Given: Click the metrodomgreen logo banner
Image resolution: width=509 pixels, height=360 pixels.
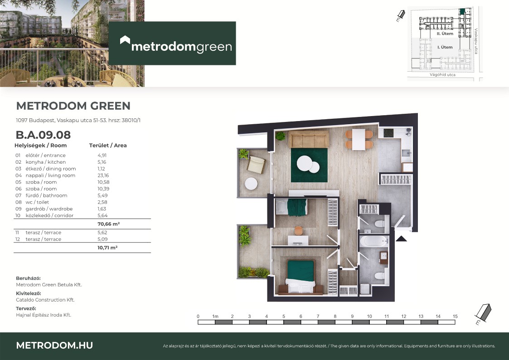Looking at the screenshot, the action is coord(172,43).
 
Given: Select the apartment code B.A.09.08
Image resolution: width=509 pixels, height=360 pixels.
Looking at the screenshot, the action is coord(43,135).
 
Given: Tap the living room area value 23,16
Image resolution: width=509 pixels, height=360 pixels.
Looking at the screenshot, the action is coord(103,175).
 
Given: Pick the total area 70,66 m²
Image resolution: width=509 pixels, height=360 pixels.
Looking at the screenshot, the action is coord(109,224).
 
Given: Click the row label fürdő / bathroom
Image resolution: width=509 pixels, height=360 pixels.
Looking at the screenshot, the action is coord(46,195).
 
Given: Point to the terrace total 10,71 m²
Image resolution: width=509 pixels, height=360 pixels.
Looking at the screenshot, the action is coord(107,248).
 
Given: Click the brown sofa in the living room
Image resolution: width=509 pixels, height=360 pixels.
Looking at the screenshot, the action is coord(308,139).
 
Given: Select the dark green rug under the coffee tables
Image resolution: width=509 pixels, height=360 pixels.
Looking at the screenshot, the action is coord(309,165).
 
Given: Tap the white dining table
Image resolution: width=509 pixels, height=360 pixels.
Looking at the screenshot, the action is coord(359,140).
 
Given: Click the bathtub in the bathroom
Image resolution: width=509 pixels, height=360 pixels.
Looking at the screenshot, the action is coord(373,242).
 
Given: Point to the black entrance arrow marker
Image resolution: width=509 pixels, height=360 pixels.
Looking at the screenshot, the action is coord(401,239).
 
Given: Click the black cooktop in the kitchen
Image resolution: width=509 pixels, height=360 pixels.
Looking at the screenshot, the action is coord(388,133).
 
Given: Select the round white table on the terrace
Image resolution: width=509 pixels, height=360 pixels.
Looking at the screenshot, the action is coord(251,184).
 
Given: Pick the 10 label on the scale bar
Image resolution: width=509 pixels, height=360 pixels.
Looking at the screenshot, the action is coord(369,316).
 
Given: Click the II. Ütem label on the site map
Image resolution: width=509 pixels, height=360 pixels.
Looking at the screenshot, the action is coord(445,34).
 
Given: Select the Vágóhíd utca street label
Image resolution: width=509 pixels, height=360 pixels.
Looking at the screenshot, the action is coord(442,75).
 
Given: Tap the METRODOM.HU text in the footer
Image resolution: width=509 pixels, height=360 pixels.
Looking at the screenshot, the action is coord(54,345).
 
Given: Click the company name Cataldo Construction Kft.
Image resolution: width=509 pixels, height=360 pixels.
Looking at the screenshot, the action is coord(45,300).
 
